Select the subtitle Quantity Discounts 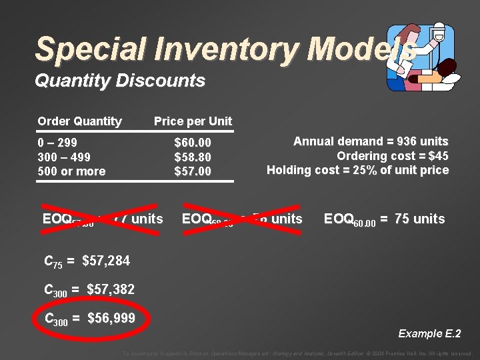(x=119, y=81)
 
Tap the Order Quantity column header (x=79, y=121)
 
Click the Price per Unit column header (x=193, y=121)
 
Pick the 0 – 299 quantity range (x=57, y=143)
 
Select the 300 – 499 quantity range (x=64, y=157)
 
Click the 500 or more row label (x=71, y=171)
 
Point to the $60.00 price (x=193, y=143)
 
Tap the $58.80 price (x=193, y=157)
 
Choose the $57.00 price (x=193, y=171)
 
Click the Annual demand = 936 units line (x=371, y=141)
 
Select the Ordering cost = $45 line (x=392, y=156)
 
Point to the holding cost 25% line (x=357, y=170)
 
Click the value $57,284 (x=106, y=261)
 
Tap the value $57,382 (x=111, y=289)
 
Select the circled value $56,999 (x=111, y=318)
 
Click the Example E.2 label (x=429, y=333)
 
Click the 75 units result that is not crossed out (x=419, y=219)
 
